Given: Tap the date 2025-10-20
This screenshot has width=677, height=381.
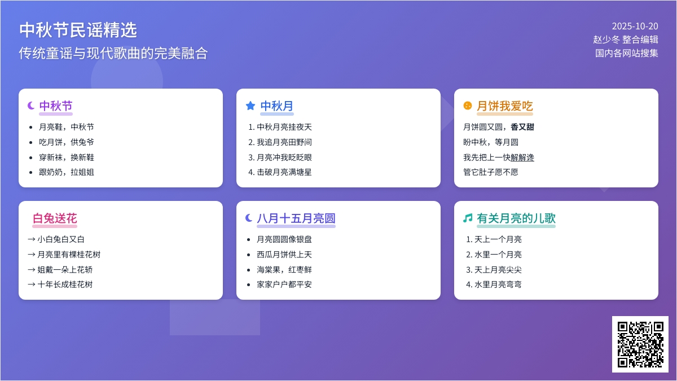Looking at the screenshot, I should coord(635,26).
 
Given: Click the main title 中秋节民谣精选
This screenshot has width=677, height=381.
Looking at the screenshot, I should coord(78,30).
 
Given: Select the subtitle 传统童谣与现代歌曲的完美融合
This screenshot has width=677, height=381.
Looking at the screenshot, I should coord(113,53).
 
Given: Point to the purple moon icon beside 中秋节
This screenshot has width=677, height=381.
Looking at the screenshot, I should coord(31,106).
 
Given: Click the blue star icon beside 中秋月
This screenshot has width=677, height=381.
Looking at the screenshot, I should coord(250,106).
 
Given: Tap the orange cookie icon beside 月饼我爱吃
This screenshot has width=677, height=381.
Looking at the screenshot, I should coord(467,106).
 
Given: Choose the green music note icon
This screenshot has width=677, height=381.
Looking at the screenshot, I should coord(467,218).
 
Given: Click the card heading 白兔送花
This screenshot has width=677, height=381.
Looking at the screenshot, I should coord(55,218).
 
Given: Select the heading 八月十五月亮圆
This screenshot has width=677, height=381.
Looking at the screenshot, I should coord(296,218).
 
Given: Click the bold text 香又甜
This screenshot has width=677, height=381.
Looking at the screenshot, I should coord(522,127).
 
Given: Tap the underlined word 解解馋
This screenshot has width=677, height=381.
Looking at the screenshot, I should coord(522,157).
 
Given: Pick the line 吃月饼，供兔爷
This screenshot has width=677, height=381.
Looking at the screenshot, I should coord(67,142).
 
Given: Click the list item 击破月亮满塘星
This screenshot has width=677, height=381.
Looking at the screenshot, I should coord(284,172).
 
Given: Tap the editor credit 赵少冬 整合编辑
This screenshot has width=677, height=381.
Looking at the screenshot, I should coord(626,40).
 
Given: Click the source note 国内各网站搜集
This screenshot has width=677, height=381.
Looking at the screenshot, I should coord(627,53).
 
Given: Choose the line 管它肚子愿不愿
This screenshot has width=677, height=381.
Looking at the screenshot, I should coord(491,172).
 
